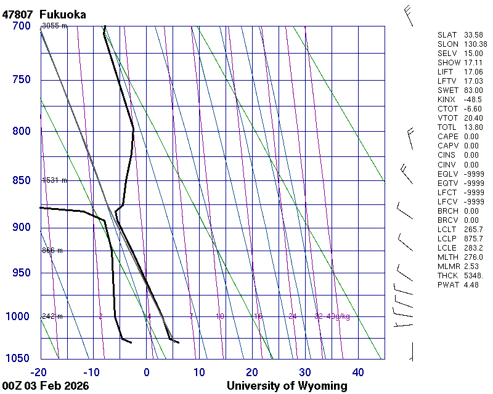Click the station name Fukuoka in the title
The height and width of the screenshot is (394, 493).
(x=62, y=14)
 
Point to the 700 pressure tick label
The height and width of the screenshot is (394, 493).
(x=21, y=26)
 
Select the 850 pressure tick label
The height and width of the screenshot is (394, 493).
(x=21, y=180)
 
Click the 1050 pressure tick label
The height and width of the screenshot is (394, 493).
(x=18, y=359)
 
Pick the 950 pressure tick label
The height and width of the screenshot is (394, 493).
(x=21, y=273)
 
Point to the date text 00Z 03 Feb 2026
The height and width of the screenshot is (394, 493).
(x=46, y=386)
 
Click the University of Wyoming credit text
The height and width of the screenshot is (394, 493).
(x=287, y=386)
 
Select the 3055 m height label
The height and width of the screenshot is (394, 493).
(x=54, y=26)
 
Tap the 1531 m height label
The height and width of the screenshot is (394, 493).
(x=54, y=180)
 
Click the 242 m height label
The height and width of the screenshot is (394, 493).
(x=52, y=316)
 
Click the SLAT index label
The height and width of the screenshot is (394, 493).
(x=448, y=35)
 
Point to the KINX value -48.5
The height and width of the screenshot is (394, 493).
(x=473, y=100)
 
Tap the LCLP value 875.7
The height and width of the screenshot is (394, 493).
(x=473, y=239)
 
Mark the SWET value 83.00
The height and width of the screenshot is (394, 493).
(x=473, y=90)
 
